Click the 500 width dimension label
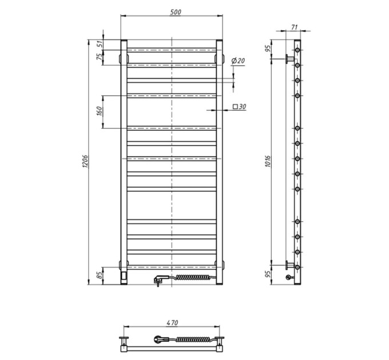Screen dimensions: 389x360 tap(176, 12)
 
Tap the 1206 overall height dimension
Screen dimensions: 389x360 tap(85, 161)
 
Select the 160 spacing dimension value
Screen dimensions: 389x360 tap(99, 111)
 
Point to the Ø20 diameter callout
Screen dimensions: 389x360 tap(238, 61)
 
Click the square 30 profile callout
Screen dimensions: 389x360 tap(239, 106)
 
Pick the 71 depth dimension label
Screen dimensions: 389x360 tap(294, 27)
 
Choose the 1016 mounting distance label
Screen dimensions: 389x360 tap(268, 161)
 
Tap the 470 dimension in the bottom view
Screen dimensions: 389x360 tap(172, 323)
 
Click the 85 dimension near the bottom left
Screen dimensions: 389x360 tap(99, 275)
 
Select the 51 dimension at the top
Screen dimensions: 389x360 tap(99, 44)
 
